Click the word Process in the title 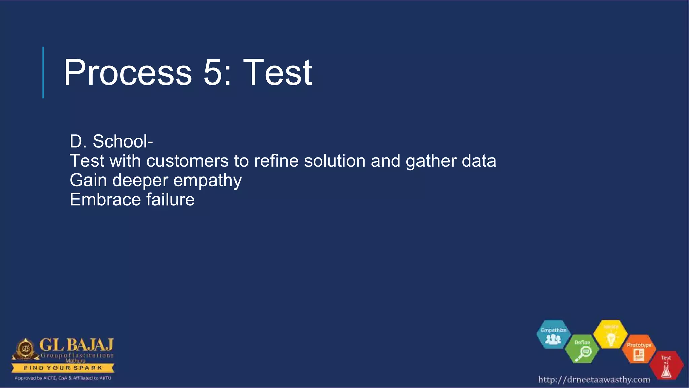tap(128, 72)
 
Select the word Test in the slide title tap(278, 72)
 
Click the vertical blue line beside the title tap(43, 72)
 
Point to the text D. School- tap(111, 141)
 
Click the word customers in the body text tap(187, 161)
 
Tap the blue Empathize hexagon tap(553, 334)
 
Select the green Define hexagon tap(582, 350)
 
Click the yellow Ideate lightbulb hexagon tap(611, 334)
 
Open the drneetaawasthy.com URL tap(594, 380)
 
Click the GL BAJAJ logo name tap(76, 345)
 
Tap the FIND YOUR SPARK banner tap(63, 368)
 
